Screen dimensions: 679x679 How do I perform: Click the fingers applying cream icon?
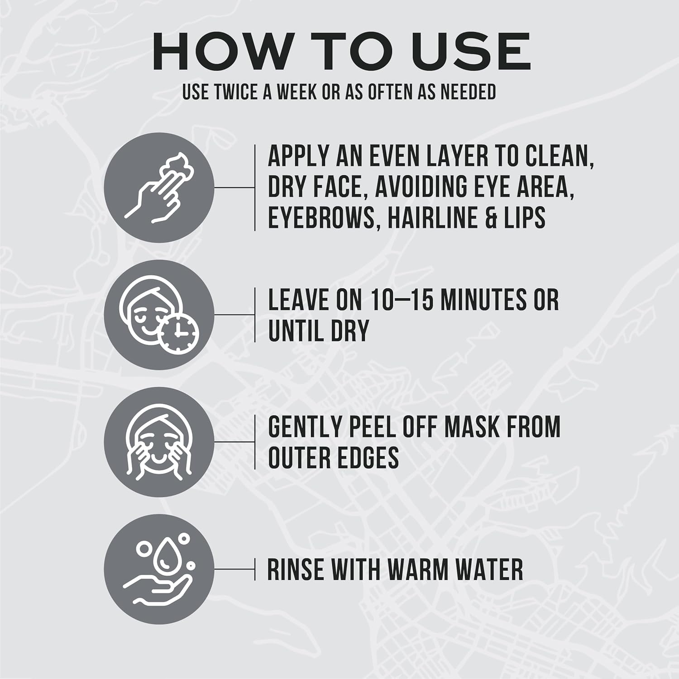[x=159, y=187]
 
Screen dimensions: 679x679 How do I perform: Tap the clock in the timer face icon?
[x=180, y=334]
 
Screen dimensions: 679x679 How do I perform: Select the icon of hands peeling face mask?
[x=159, y=442]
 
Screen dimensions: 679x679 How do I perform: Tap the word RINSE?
[x=295, y=569]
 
